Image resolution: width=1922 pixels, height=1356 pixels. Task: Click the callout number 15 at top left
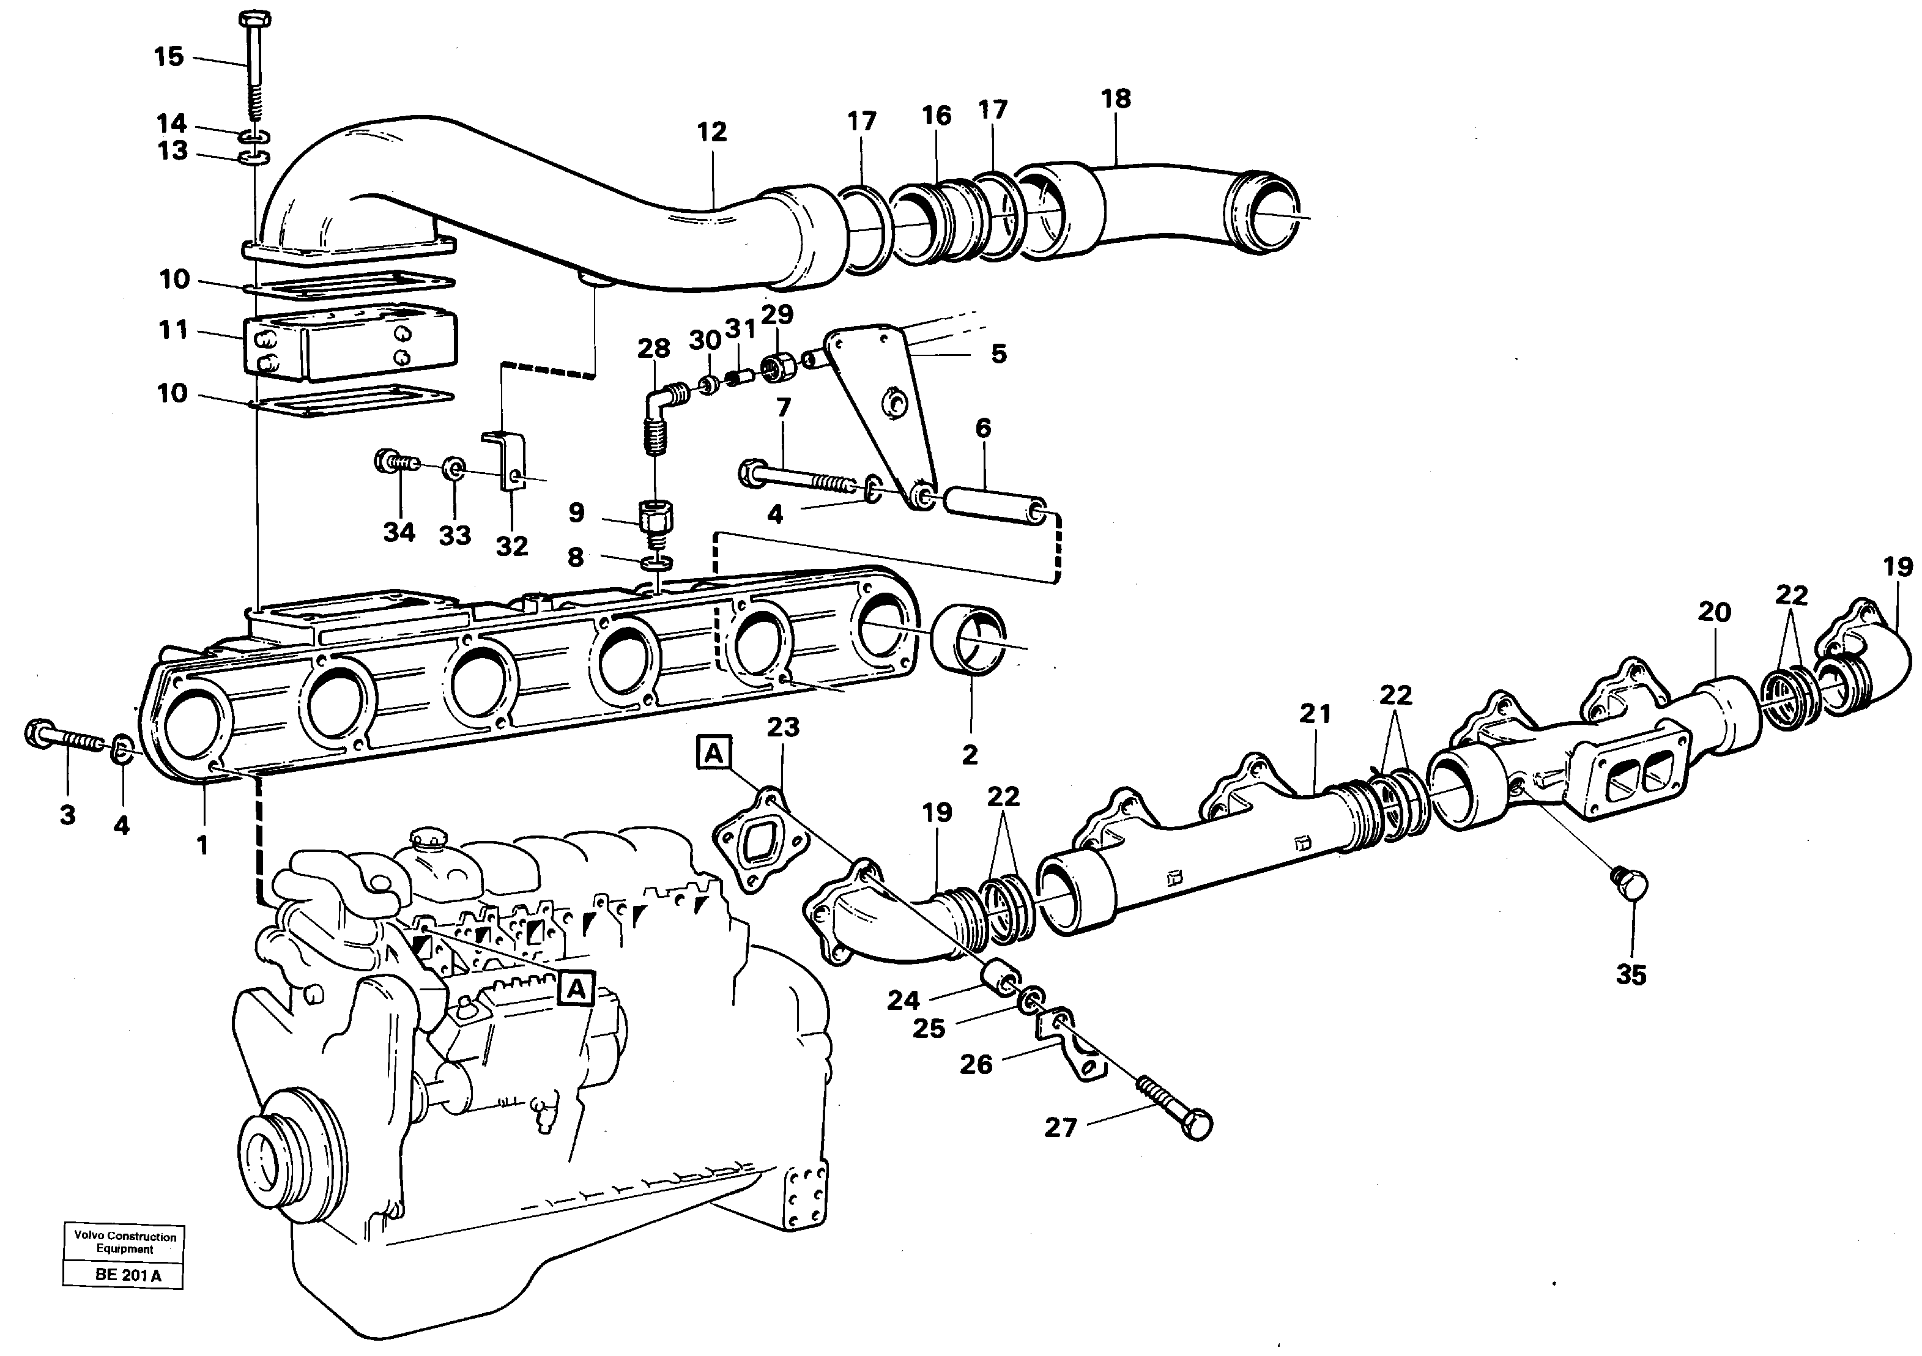coord(168,57)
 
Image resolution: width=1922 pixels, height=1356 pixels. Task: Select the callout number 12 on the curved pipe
coord(711,132)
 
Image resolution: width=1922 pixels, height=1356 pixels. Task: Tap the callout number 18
coord(1116,98)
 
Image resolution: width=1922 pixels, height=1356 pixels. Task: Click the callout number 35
coord(1631,975)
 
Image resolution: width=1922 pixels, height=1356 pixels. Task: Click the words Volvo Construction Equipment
coord(125,1243)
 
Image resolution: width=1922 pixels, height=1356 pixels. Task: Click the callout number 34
coord(399,532)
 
